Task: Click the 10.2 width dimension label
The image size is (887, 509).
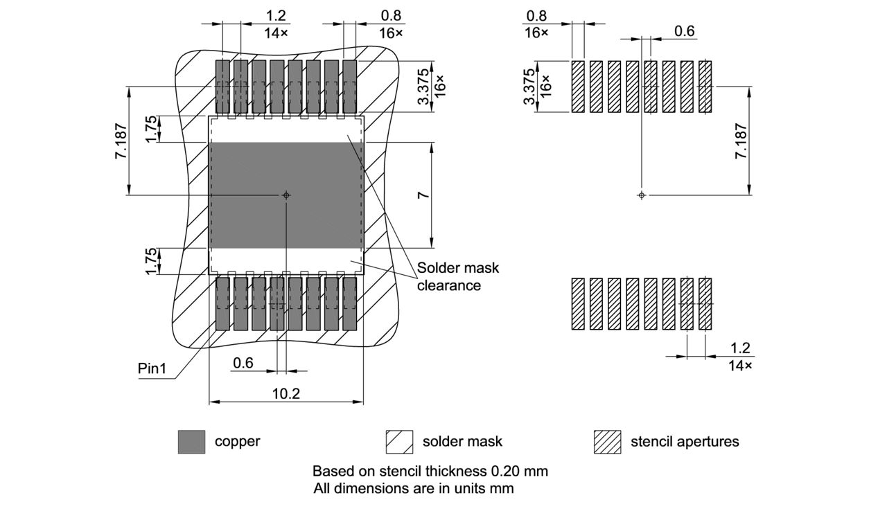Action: click(286, 393)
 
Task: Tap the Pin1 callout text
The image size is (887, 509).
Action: click(152, 369)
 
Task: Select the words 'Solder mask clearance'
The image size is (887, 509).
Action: click(448, 276)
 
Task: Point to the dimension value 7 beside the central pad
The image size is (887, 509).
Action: click(422, 195)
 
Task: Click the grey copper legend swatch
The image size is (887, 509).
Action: click(191, 442)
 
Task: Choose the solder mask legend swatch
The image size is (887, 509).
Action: click(399, 442)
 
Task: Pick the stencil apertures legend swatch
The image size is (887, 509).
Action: click(607, 442)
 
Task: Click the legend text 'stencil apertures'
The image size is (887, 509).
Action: click(684, 442)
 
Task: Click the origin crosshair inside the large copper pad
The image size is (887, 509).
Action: click(286, 195)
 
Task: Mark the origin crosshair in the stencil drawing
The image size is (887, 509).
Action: click(642, 195)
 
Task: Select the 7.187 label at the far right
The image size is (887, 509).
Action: click(740, 141)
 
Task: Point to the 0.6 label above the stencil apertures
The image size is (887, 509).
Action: click(684, 31)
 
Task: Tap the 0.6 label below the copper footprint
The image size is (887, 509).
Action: click(243, 363)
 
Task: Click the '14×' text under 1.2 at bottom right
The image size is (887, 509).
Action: click(740, 366)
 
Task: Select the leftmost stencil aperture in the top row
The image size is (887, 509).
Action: click(578, 87)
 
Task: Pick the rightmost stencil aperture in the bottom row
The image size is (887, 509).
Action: click(705, 304)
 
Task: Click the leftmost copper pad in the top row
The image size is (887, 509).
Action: click(222, 87)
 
